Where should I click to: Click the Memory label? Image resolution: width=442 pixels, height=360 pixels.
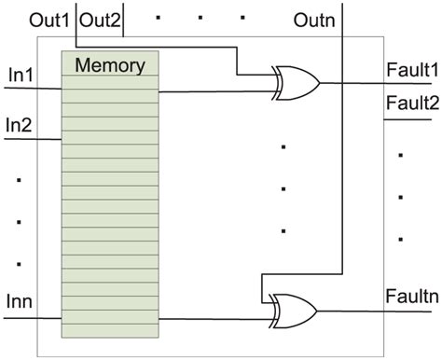tap(109, 65)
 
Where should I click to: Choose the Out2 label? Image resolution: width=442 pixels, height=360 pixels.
tap(98, 19)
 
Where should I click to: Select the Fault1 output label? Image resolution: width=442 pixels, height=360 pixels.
tap(410, 69)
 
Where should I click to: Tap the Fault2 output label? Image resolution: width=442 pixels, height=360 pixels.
tap(410, 104)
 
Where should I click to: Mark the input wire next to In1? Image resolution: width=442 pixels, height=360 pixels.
tap(33, 90)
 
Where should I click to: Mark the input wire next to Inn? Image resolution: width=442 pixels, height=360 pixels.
tap(33, 318)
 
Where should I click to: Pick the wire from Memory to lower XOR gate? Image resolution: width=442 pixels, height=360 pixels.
tap(210, 318)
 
